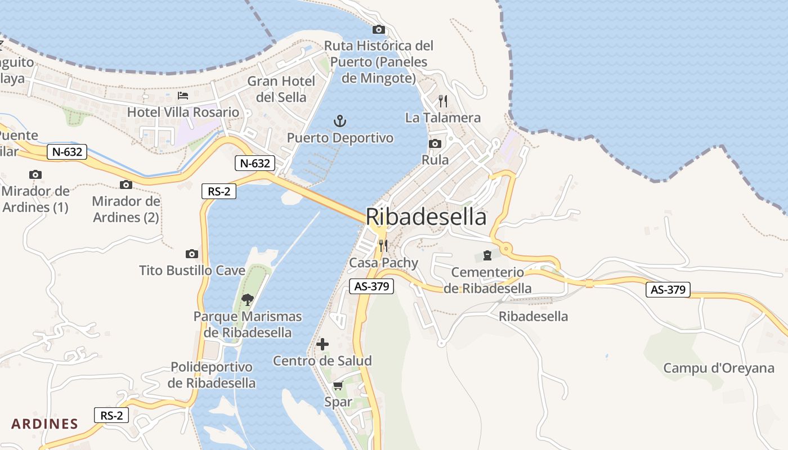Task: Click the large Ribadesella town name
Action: [x=426, y=217]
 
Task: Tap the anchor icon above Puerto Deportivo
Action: [x=340, y=120]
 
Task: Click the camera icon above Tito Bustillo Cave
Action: [x=192, y=254]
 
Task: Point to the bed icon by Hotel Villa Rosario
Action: [x=183, y=96]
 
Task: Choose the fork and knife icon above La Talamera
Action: [x=443, y=101]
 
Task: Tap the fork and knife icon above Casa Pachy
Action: [x=383, y=245]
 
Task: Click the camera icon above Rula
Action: [x=435, y=143]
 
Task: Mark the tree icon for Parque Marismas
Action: [x=247, y=299]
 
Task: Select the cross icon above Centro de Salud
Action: [x=323, y=344]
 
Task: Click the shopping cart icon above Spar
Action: [x=338, y=385]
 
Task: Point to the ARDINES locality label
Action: [x=44, y=424]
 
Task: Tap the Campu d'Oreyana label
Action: [x=719, y=368]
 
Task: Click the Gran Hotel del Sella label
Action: [x=281, y=89]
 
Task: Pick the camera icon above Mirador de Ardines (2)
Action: [x=126, y=184]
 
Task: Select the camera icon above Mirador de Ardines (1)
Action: [x=35, y=174]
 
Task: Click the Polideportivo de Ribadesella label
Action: [x=212, y=375]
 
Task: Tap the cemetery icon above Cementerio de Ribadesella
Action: [x=487, y=256]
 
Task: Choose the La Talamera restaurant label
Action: [x=443, y=118]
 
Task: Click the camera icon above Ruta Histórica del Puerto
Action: [x=379, y=29]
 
